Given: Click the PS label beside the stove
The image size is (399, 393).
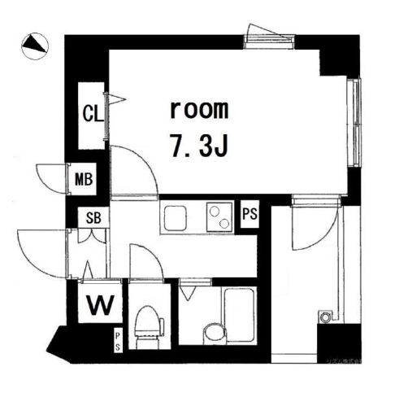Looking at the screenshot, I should (250, 214).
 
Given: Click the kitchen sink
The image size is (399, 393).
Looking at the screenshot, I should (176, 217).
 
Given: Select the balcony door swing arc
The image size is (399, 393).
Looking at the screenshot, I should (313, 228).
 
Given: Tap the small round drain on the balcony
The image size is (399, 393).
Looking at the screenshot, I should (325, 313).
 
